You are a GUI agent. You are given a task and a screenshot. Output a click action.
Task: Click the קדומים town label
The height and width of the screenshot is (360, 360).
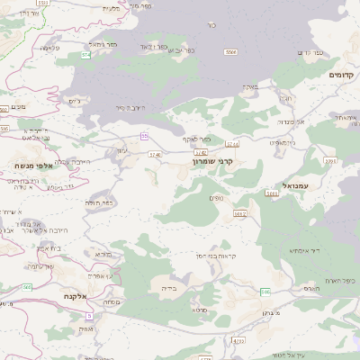(x=343, y=75)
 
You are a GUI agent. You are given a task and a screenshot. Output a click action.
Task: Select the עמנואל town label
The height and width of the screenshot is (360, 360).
(x=294, y=185)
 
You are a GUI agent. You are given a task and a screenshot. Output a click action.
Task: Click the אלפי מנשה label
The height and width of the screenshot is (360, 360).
(x=34, y=166)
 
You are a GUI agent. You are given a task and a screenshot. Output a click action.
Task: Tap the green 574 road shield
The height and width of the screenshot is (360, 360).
(x=86, y=55)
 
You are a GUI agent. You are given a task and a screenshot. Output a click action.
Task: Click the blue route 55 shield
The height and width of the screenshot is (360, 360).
(x=144, y=136)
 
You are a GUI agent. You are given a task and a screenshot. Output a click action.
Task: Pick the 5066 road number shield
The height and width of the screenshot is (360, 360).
(x=272, y=193)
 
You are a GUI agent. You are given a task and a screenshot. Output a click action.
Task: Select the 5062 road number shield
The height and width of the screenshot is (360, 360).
(x=239, y=214)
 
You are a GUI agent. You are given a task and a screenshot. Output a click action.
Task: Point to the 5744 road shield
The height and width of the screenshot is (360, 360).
(x=233, y=144)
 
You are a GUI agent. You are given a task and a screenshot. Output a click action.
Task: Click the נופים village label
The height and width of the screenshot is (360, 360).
(x=215, y=197)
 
